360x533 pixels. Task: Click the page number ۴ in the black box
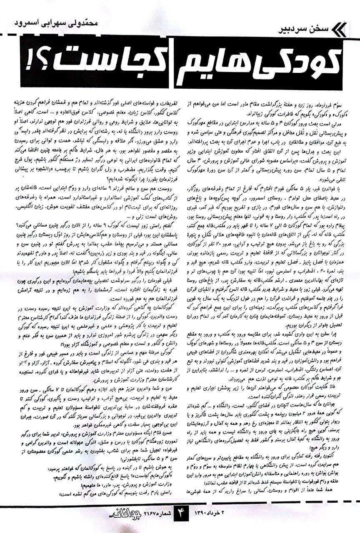pyautogui.click(x=180, y=521)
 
